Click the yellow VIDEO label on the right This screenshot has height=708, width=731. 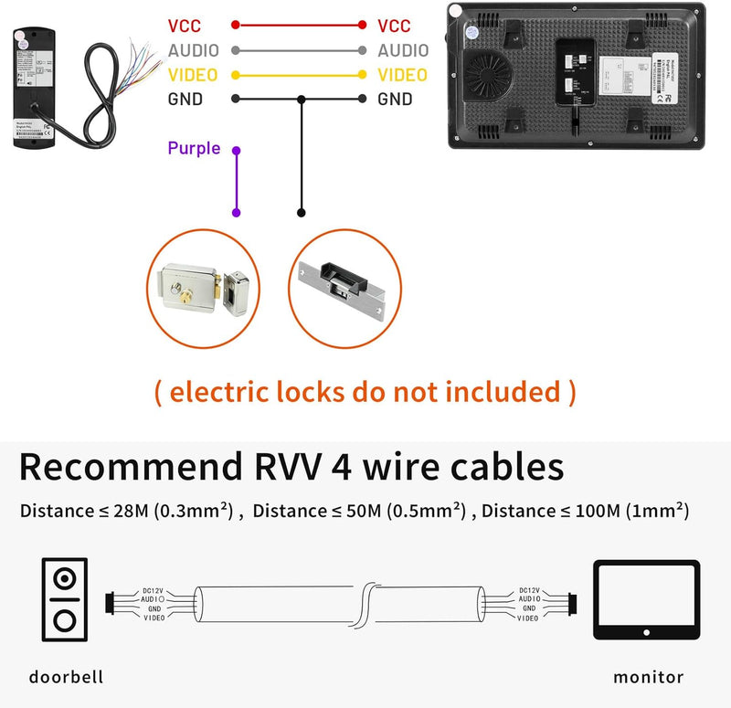(x=402, y=75)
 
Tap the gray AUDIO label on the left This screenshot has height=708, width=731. (x=194, y=51)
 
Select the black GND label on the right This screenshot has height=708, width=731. (x=395, y=100)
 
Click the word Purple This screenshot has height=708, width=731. (x=194, y=148)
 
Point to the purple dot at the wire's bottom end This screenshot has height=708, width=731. (x=237, y=213)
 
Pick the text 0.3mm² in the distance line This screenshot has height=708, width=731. (x=191, y=511)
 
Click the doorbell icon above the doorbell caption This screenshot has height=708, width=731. (x=64, y=599)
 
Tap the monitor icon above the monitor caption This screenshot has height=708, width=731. (x=646, y=599)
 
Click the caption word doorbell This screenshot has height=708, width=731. (x=66, y=677)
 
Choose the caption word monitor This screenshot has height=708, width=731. (x=648, y=677)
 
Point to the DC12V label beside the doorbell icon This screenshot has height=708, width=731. (x=154, y=591)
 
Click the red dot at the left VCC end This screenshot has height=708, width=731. (x=237, y=26)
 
